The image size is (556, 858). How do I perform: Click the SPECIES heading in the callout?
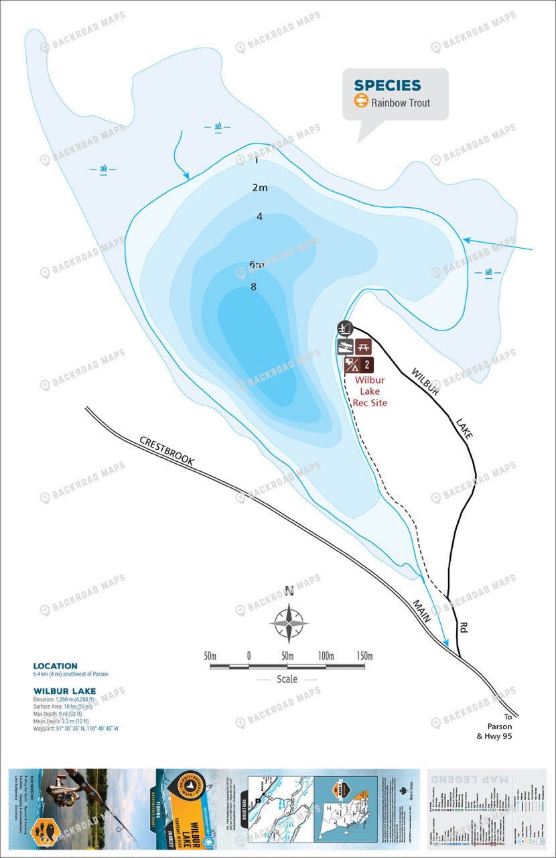[387, 85]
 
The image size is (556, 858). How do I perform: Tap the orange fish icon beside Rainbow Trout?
[361, 102]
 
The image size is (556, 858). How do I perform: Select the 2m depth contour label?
[260, 188]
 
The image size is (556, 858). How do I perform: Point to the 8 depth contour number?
[253, 286]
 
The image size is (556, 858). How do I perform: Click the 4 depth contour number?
[259, 216]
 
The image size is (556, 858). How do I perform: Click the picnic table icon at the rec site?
[363, 347]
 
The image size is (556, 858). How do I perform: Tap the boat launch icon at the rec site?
[345, 347]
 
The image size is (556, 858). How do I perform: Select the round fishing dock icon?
[345, 328]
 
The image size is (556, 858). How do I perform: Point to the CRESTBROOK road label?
[166, 452]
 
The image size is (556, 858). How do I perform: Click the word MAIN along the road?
[422, 611]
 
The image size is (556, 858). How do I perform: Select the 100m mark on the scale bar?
[326, 655]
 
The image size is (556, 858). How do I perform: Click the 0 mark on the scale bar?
[249, 655]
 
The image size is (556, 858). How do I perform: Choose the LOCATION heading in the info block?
[55, 666]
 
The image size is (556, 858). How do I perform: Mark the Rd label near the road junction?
[464, 628]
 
